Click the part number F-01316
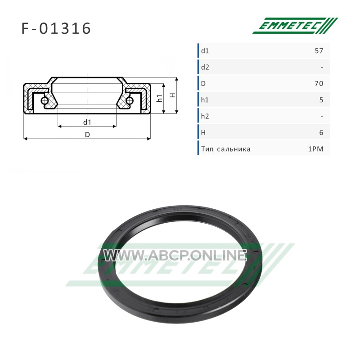pos(56,28)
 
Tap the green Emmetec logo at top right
pos(295,26)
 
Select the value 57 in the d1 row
pos(319,50)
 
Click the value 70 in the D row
pos(319,83)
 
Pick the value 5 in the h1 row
pos(321,100)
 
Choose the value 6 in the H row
pos(321,132)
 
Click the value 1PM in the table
pos(316,149)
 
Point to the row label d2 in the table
pos(205,67)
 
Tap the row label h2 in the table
pos(205,116)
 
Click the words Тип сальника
pos(226,149)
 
